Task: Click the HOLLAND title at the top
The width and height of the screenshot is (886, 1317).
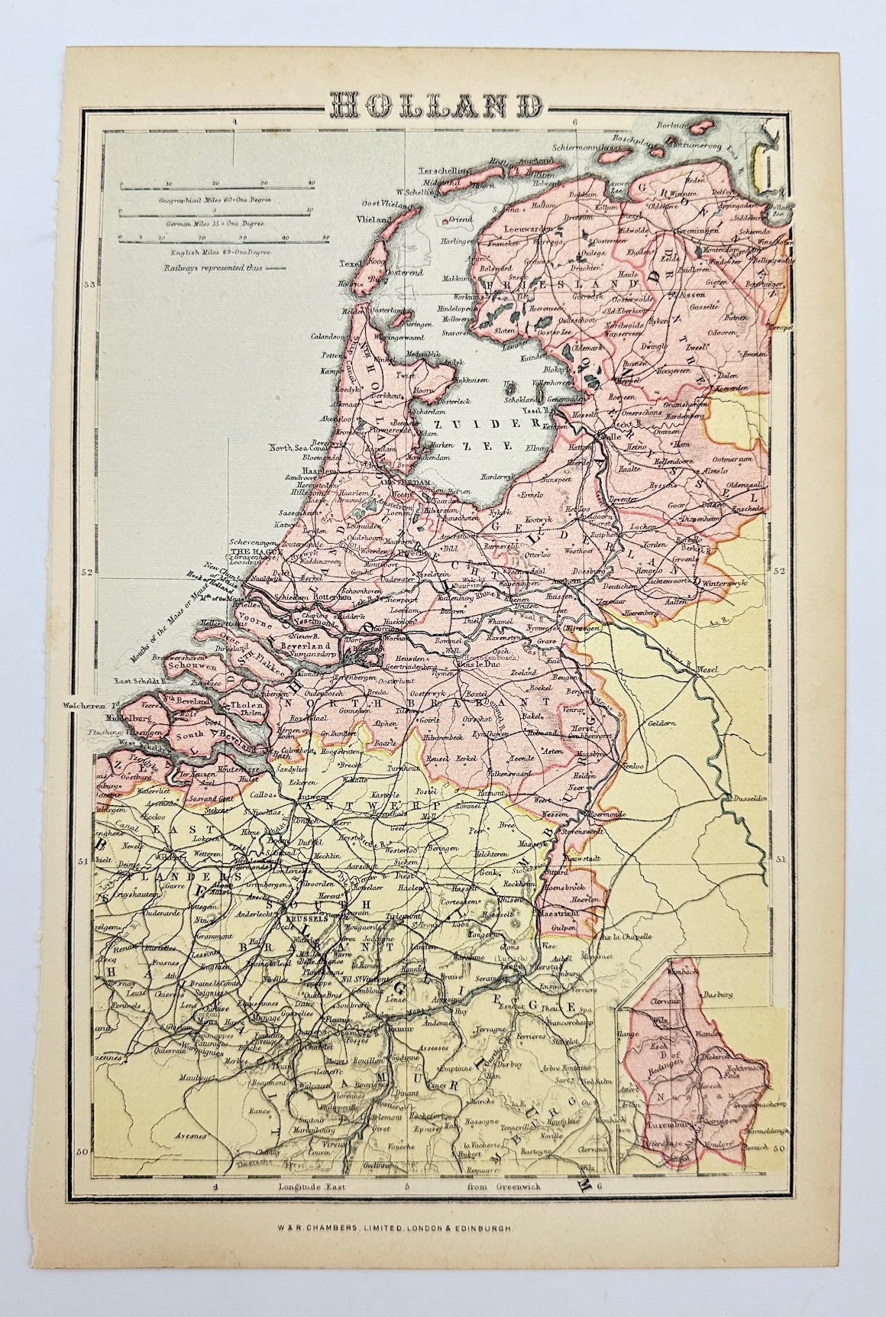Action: pyautogui.click(x=441, y=105)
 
